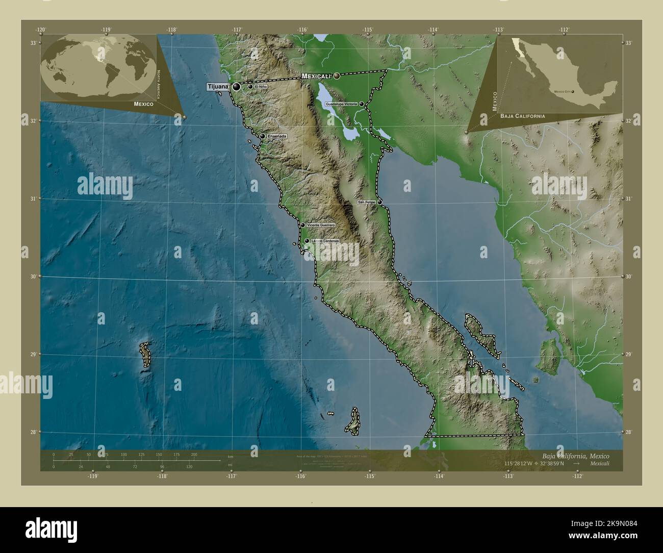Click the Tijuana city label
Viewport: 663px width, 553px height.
point(217,86)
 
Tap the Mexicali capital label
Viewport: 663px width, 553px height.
point(317,76)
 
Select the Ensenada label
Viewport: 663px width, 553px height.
point(277,136)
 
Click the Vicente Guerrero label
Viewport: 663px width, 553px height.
point(321,225)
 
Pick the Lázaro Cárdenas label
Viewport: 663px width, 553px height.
point(324,241)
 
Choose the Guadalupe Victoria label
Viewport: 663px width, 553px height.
point(341,104)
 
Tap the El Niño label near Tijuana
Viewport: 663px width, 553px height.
point(262,87)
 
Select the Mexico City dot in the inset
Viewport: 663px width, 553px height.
point(573,92)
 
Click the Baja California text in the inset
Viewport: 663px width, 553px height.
point(522,116)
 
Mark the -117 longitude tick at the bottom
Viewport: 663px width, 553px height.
point(232,470)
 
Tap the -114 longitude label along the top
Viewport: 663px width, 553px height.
point(433,30)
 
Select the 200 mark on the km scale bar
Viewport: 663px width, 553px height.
point(194,455)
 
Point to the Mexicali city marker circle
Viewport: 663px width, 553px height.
point(337,76)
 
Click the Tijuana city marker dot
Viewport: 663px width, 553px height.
point(236,87)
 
